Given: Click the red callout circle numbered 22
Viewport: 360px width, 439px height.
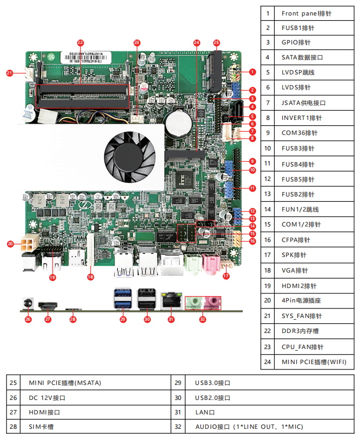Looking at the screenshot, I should click(80, 42).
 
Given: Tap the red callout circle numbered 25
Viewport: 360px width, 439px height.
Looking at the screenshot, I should click(216, 42).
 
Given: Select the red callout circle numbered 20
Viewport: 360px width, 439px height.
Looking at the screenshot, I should click(10, 244).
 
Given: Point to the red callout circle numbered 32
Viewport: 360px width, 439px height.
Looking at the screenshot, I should click(202, 320).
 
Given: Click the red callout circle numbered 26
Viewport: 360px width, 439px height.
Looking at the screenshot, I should click(28, 320).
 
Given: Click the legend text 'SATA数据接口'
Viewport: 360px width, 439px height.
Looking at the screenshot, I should click(302, 57).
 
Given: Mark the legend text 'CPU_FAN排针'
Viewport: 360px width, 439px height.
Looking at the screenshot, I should click(302, 347).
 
